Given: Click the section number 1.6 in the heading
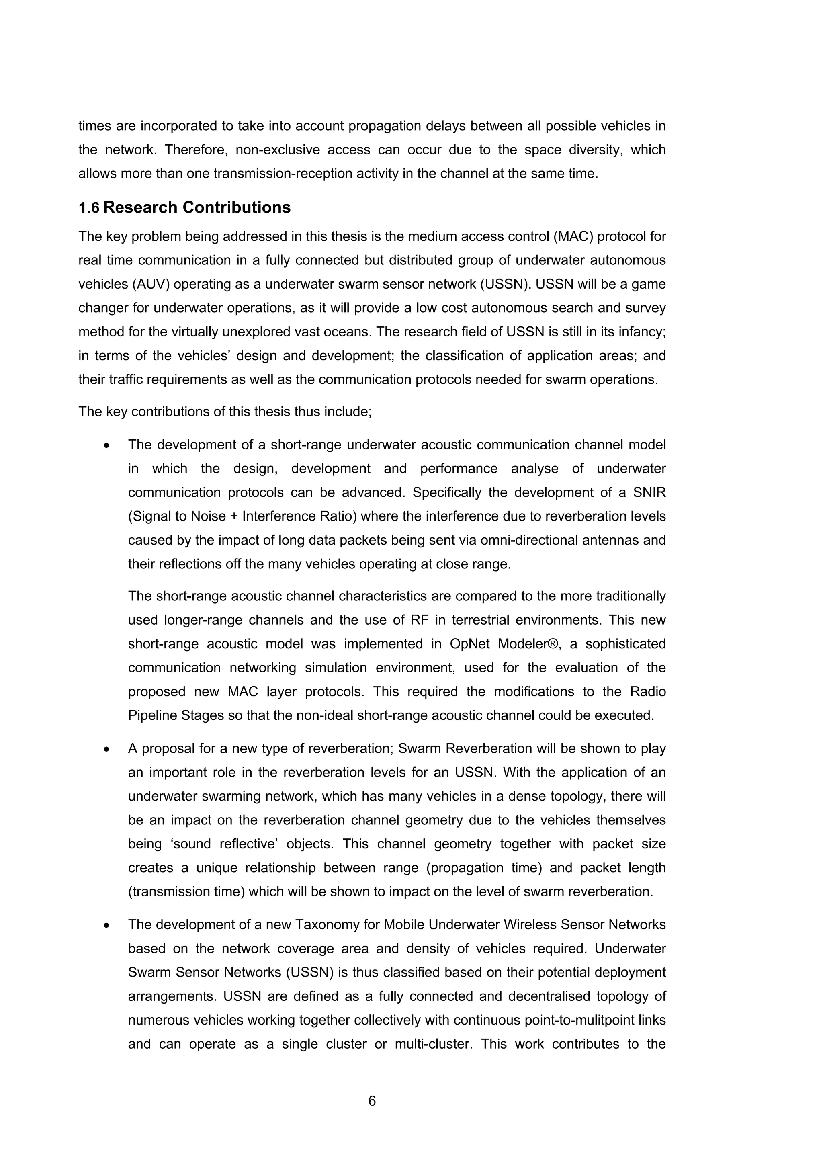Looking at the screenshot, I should (89, 208).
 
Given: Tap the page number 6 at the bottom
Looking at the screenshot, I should (372, 1100).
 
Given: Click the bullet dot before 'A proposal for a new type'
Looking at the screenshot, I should (106, 749).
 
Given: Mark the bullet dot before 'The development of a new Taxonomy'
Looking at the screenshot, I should (106, 925).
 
